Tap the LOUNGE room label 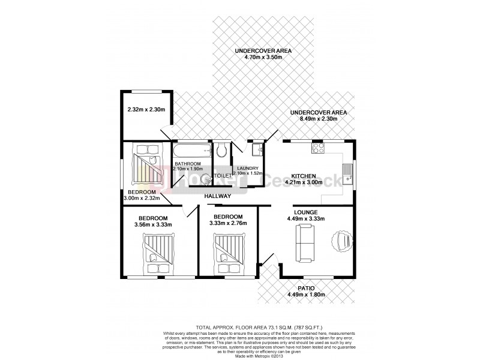[305, 212]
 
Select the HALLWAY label [217, 196]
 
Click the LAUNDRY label [247, 169]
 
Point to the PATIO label [306, 288]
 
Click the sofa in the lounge [305, 245]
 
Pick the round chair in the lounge [343, 241]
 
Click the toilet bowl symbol [221, 149]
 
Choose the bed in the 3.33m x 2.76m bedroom [228, 250]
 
